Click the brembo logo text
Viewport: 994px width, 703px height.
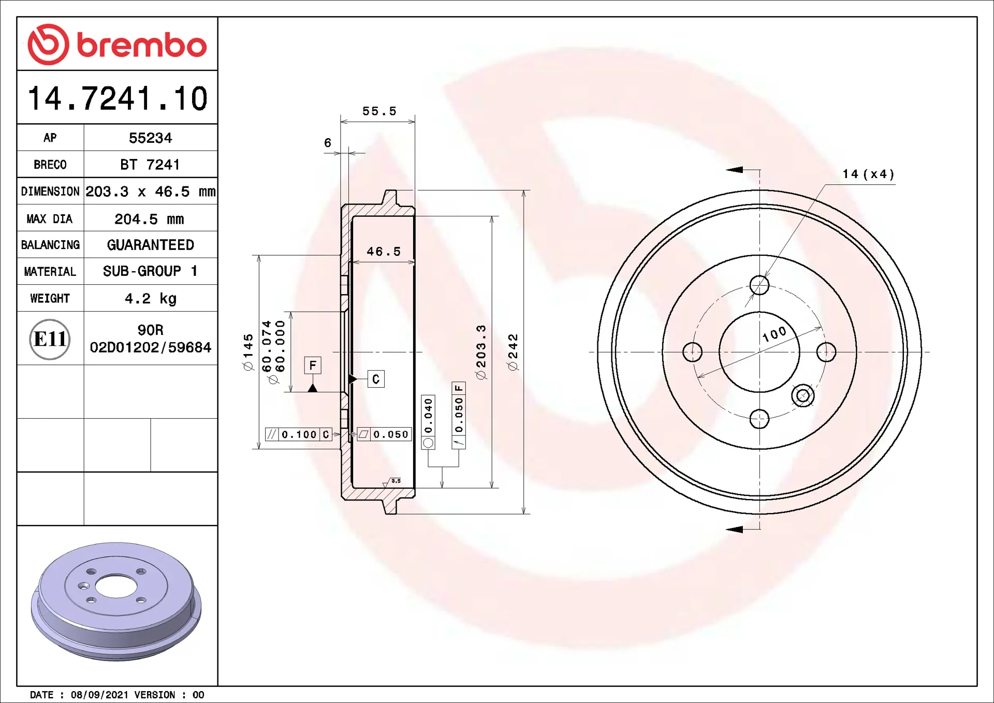[142, 45]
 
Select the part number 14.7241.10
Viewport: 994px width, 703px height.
[118, 98]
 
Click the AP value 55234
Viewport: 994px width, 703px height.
[150, 138]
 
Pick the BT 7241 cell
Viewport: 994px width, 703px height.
[150, 165]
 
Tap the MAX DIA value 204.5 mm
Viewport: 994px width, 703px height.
[149, 219]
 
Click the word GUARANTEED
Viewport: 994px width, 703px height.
[151, 245]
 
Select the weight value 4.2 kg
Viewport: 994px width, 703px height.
[151, 299]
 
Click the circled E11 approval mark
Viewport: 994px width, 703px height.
[50, 339]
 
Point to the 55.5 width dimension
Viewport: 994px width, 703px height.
[379, 111]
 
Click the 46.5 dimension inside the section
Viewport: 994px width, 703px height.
[384, 252]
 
